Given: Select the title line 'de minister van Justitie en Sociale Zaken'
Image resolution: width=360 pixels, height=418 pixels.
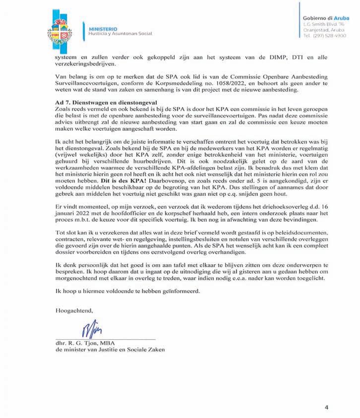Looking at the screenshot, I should pos(110,350).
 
